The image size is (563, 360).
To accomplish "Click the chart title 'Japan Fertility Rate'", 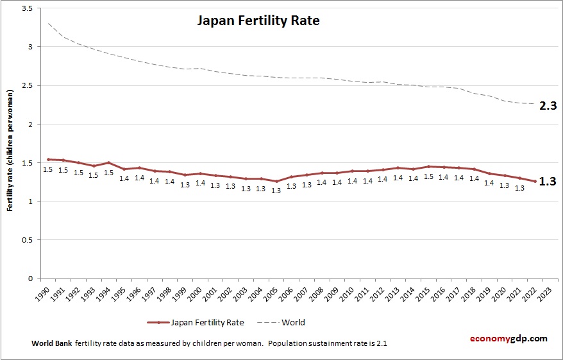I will (x=258, y=21).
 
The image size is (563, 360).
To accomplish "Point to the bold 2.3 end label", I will (x=548, y=106).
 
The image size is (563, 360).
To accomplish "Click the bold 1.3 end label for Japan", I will (x=547, y=182).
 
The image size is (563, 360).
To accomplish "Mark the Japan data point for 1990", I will (x=48, y=159).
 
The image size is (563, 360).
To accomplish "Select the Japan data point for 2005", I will (x=276, y=181).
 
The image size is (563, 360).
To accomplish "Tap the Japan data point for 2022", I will (x=535, y=181).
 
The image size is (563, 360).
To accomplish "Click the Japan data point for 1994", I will (x=109, y=162).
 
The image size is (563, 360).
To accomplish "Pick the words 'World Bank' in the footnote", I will (x=52, y=343).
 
